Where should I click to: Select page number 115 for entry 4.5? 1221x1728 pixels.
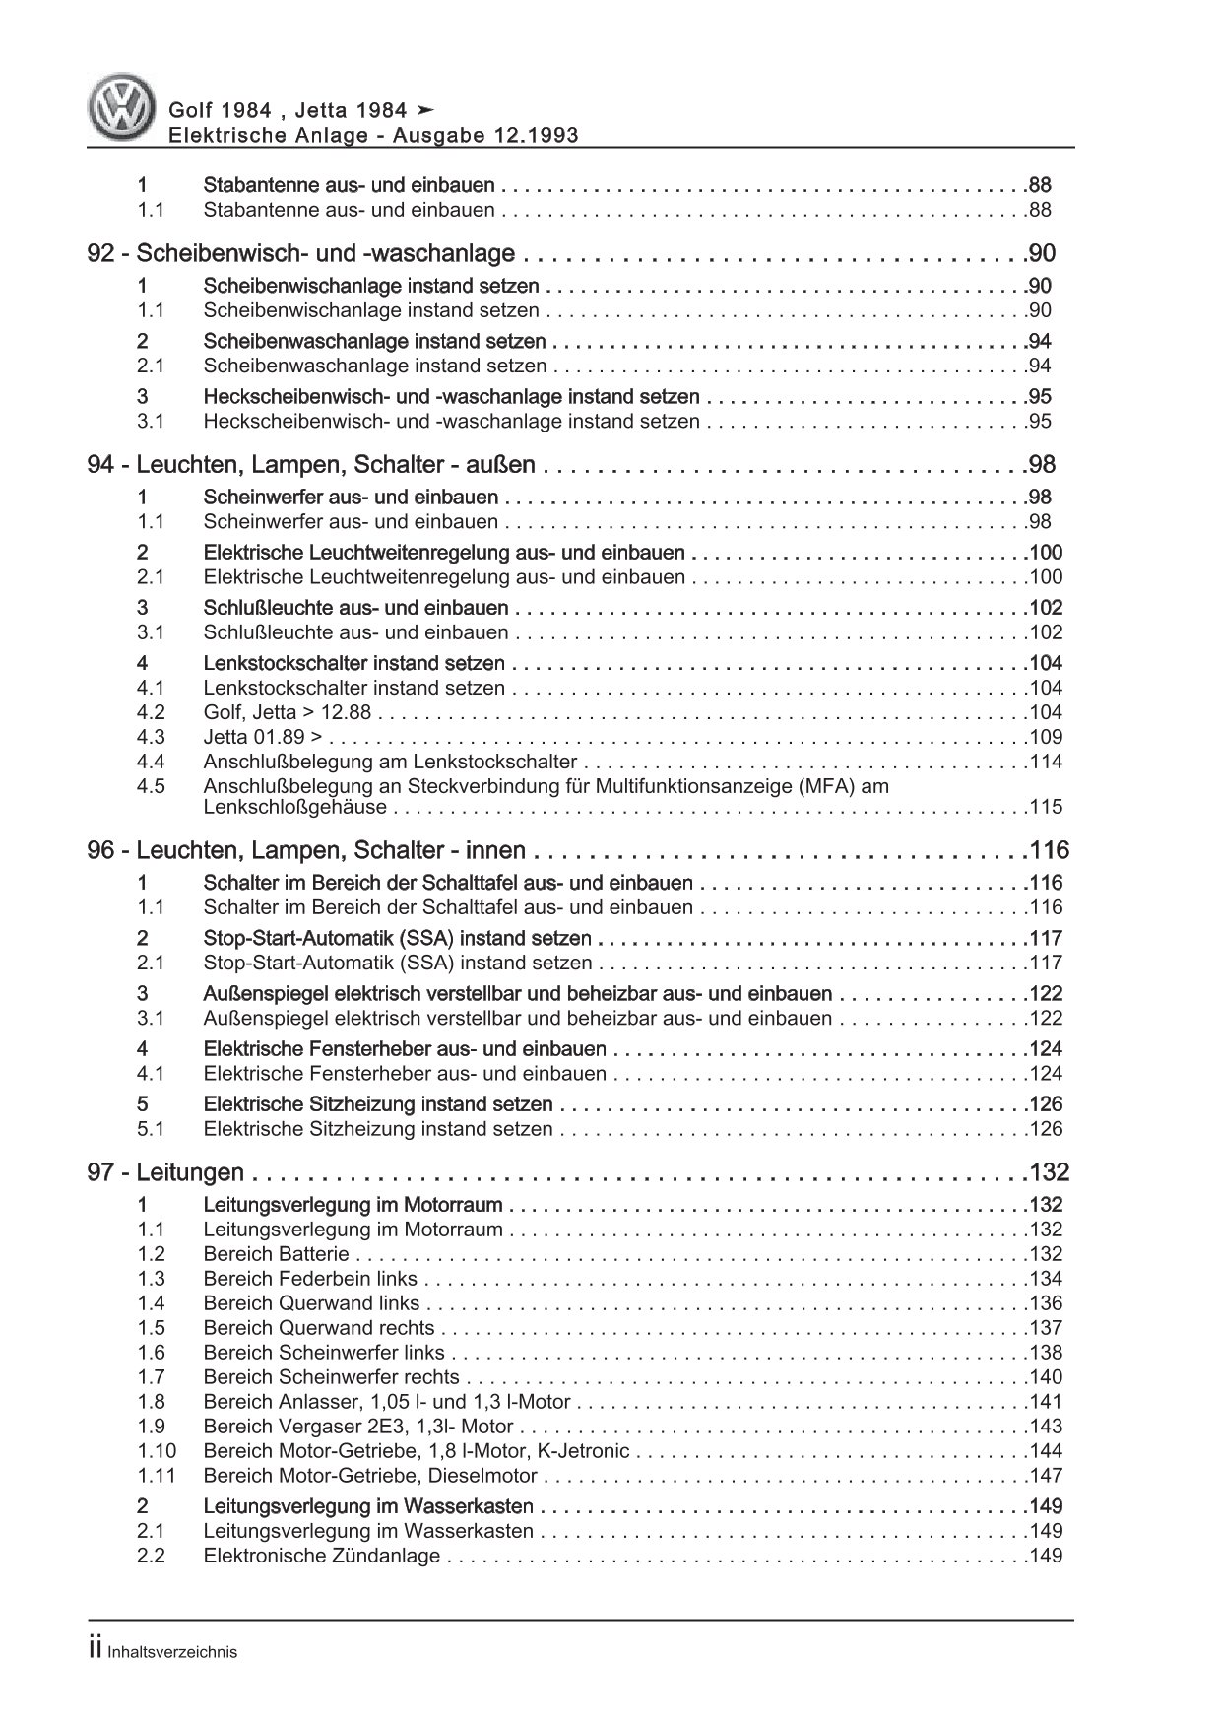(1045, 807)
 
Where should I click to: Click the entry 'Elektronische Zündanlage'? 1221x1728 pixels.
(321, 1556)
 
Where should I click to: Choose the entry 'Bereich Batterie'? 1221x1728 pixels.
(276, 1254)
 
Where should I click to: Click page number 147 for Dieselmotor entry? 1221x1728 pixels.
(1045, 1476)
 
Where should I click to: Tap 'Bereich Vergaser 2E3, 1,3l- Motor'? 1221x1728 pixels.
(358, 1427)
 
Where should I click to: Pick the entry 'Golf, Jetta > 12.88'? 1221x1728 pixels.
(286, 712)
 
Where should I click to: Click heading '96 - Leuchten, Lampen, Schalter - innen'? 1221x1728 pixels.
(306, 851)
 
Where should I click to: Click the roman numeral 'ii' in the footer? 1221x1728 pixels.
(96, 1652)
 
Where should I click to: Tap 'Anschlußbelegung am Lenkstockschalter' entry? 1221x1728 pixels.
(390, 762)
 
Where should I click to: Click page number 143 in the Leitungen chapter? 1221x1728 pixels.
(1045, 1427)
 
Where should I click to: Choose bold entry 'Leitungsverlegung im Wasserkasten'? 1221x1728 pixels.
(368, 1506)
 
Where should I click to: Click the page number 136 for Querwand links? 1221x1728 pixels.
(1045, 1303)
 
